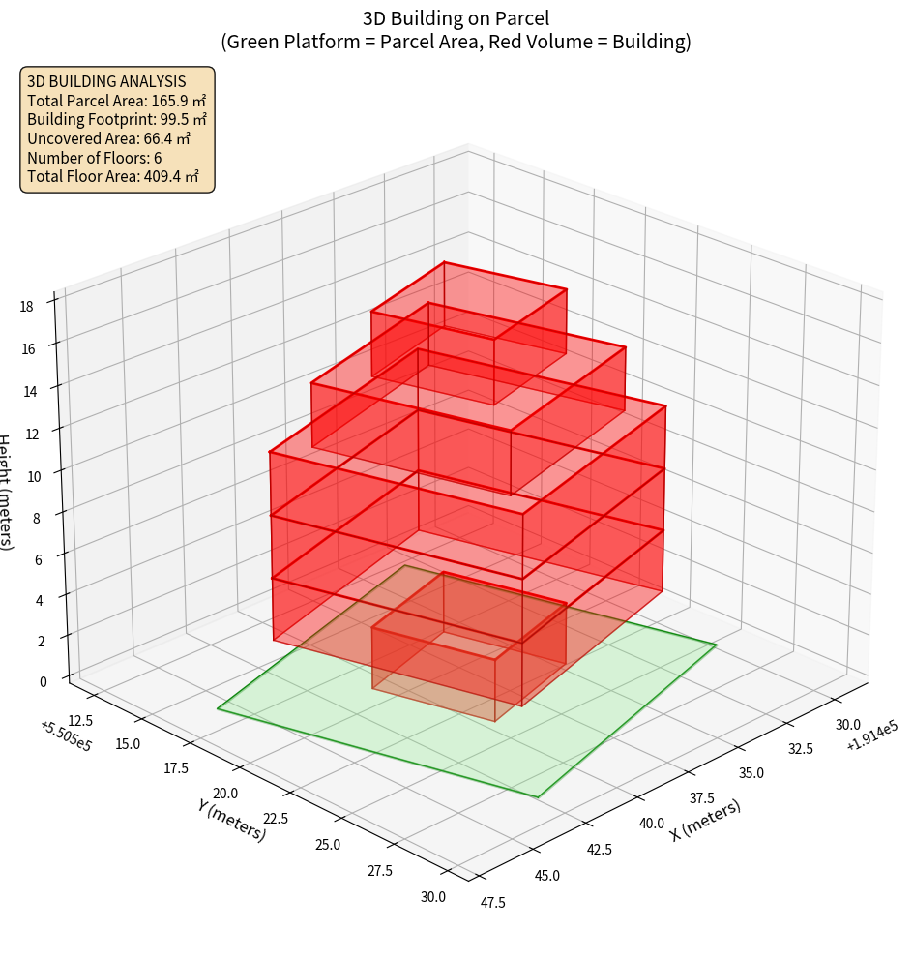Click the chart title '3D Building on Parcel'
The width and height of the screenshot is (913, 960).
[456, 17]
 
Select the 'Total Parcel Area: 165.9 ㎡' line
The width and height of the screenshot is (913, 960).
[117, 100]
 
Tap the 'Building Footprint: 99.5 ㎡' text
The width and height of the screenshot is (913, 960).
[117, 119]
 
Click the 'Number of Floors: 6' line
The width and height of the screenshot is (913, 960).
[95, 158]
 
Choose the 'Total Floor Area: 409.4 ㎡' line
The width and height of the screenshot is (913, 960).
[113, 177]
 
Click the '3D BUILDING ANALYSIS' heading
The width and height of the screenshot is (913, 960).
[106, 81]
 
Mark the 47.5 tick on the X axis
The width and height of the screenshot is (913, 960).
[493, 903]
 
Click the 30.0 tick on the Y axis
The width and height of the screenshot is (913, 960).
[433, 897]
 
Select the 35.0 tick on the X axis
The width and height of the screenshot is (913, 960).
[751, 772]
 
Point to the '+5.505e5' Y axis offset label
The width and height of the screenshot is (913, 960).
[66, 735]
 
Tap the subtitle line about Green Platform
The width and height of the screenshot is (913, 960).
[456, 42]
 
